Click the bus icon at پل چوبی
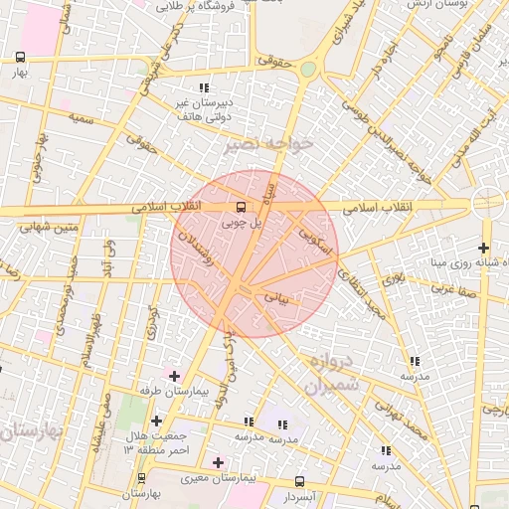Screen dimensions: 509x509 coord(242,208)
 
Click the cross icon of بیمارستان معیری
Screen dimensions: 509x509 coord(219,462)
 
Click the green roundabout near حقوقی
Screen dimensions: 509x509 coord(308,69)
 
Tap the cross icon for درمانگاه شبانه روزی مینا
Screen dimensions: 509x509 coord(483,248)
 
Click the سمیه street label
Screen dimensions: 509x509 coord(81,117)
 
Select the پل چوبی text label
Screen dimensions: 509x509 coord(243,225)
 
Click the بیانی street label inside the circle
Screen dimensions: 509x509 coord(275,296)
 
